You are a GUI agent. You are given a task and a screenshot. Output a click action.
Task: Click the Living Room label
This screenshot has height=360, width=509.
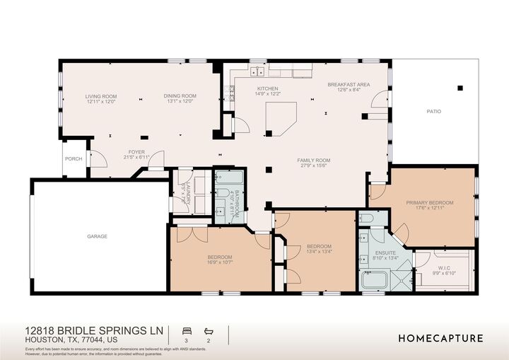pyautogui.click(x=101, y=96)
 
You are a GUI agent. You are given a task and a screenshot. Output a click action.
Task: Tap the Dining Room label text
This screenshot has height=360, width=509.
pyautogui.click(x=180, y=96)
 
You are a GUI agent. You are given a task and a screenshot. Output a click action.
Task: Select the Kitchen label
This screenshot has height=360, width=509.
pyautogui.click(x=268, y=88)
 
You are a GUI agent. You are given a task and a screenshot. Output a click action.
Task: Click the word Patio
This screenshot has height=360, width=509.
pyautogui.click(x=433, y=111)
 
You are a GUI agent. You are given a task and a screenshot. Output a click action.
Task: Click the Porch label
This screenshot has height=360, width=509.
pyautogui.click(x=74, y=159)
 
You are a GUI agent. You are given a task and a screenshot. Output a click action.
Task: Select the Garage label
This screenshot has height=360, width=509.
pyautogui.click(x=97, y=236)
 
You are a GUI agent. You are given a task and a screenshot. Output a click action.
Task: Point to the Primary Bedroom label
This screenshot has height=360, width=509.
pyautogui.click(x=429, y=203)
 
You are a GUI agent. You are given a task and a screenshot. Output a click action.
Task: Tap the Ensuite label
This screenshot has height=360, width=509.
pyautogui.click(x=385, y=253)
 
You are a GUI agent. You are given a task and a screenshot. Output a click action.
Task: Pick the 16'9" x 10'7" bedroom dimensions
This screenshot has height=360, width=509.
pyautogui.click(x=220, y=262)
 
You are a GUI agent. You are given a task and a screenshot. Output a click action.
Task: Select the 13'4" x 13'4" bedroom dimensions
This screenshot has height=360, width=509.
pyautogui.click(x=319, y=252)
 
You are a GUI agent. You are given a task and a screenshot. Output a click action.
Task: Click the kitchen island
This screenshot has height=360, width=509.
pyautogui.click(x=279, y=117)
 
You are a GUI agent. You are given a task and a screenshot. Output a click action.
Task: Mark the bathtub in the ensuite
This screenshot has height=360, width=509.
pyautogui.click(x=375, y=281)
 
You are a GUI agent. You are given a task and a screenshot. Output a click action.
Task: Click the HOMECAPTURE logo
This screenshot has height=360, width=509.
pyautogui.click(x=440, y=338)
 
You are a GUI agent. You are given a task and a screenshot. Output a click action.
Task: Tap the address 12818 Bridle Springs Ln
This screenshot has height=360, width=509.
pyautogui.click(x=93, y=331)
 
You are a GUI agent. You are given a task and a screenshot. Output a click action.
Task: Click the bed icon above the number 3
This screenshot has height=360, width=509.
pyautogui.click(x=187, y=330)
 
